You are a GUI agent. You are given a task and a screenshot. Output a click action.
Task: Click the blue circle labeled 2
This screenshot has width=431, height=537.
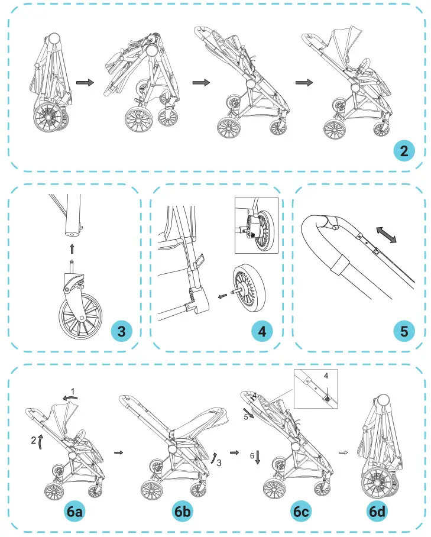click(x=403, y=151)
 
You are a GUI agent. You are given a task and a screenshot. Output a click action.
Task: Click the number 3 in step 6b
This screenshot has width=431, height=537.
click(x=219, y=463)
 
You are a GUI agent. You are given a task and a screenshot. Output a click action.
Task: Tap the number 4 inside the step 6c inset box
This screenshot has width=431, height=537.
click(x=325, y=376)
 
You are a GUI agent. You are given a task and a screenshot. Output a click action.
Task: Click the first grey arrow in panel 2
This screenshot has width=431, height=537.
click(x=86, y=83)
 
